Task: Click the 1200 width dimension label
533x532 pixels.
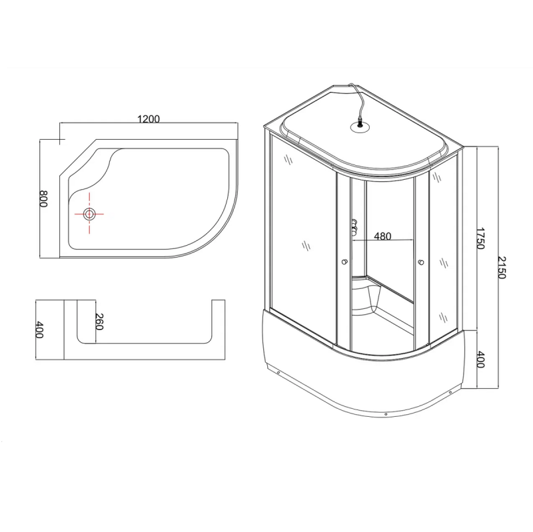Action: coord(149,119)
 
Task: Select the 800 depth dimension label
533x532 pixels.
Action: coord(43,198)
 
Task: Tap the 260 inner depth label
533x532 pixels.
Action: coord(99,322)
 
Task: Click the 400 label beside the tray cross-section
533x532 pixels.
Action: coord(39,330)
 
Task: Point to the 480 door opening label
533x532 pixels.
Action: coord(382,236)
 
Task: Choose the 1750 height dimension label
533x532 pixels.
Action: coord(479,238)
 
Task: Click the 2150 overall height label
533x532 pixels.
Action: coord(502,268)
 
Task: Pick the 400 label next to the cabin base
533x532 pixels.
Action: coord(480,360)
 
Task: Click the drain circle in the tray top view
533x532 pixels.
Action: coord(89,214)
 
